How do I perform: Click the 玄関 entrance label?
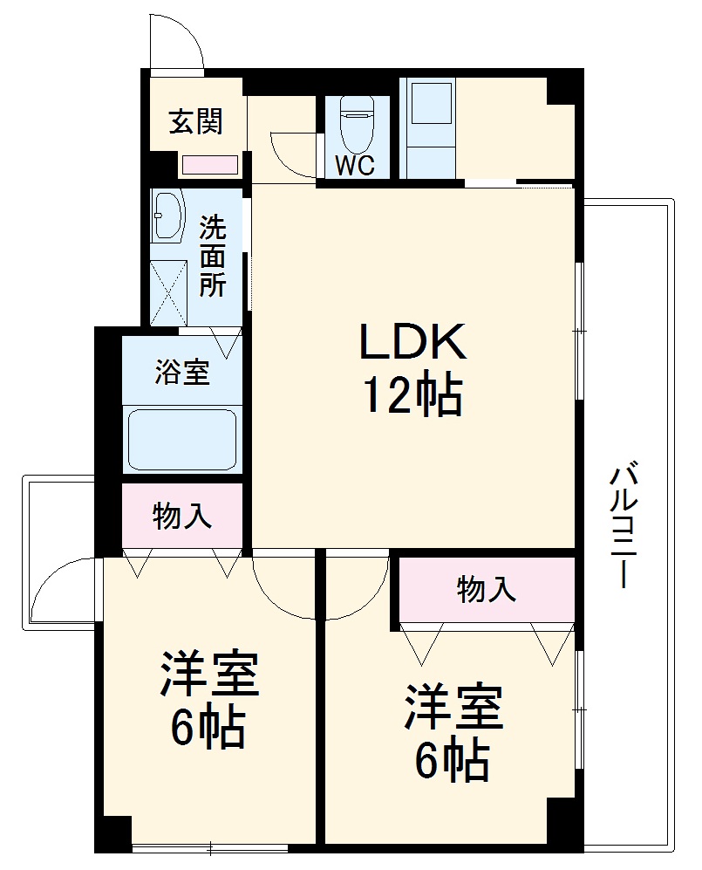coord(195,121)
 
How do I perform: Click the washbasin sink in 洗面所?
coord(167,217)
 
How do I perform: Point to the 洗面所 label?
coord(212,257)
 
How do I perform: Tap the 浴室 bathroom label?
coord(181,372)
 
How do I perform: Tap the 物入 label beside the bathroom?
coord(181,516)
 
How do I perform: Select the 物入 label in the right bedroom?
coord(486,590)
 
